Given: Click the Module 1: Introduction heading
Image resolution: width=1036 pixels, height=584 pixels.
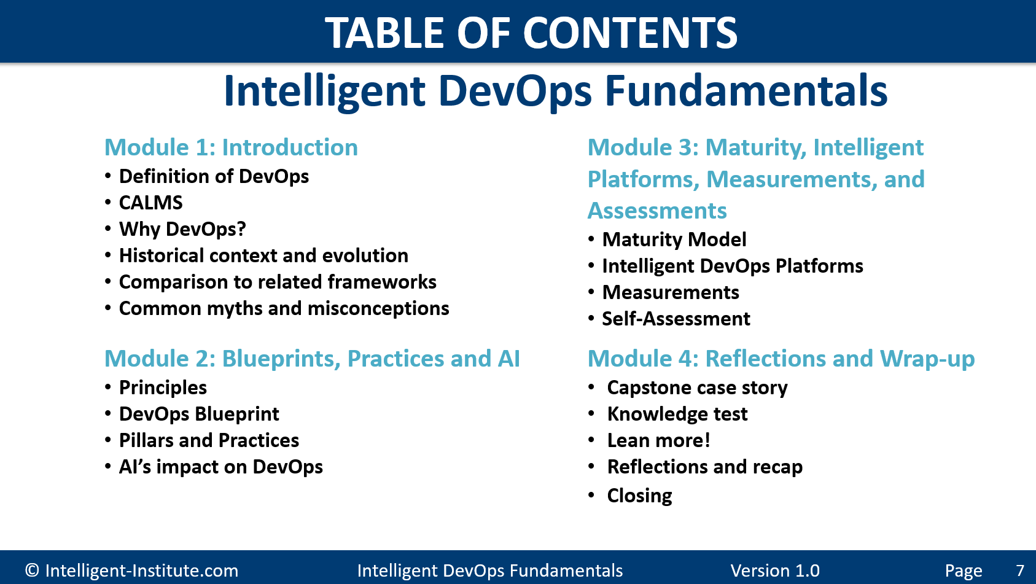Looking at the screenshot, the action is pos(232,147).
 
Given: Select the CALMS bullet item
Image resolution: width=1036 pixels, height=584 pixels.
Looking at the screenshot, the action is pos(151,203).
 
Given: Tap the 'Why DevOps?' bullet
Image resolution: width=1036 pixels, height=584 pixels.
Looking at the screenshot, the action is pos(182,229).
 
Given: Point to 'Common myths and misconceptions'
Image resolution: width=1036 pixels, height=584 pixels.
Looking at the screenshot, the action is pos(284,309).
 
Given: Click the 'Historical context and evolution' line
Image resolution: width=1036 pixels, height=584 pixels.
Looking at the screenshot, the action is pos(263,255).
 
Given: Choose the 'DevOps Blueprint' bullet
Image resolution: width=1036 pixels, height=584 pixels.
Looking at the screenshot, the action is pos(199,415).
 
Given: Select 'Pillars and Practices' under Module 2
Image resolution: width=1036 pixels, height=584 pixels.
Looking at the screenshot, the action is pos(209,440).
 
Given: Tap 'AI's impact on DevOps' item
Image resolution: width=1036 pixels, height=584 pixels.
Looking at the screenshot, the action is pos(221,467).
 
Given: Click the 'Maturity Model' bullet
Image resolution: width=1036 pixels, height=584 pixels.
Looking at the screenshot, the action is pos(674,239).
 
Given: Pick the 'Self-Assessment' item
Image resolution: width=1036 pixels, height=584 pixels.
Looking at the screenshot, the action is pos(676,319).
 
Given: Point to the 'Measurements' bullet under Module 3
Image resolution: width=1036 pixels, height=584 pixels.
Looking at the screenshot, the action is pos(671,293).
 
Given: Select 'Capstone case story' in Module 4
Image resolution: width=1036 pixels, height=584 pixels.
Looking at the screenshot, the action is pos(698,388).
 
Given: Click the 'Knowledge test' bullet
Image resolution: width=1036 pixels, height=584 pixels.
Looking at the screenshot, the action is pos(677,415).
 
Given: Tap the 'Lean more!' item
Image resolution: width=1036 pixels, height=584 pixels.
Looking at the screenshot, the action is pos(658,441).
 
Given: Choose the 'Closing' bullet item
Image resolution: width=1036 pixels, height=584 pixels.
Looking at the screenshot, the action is pos(640,496).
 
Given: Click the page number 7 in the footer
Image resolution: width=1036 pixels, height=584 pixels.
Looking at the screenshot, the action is pos(1020,570).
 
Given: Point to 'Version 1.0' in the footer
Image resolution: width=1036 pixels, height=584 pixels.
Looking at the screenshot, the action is pos(775,570).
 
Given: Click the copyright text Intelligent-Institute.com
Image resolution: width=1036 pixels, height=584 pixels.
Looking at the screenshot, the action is pos(132,570).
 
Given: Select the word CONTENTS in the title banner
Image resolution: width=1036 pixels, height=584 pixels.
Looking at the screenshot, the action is pos(631,33).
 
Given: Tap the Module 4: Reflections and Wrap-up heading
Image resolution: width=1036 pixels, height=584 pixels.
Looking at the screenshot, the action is pos(781,359).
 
